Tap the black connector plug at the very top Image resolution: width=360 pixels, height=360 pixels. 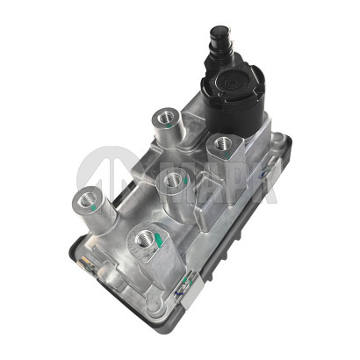point(217,40)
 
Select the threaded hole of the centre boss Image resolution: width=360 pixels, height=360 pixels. point(173,180)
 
